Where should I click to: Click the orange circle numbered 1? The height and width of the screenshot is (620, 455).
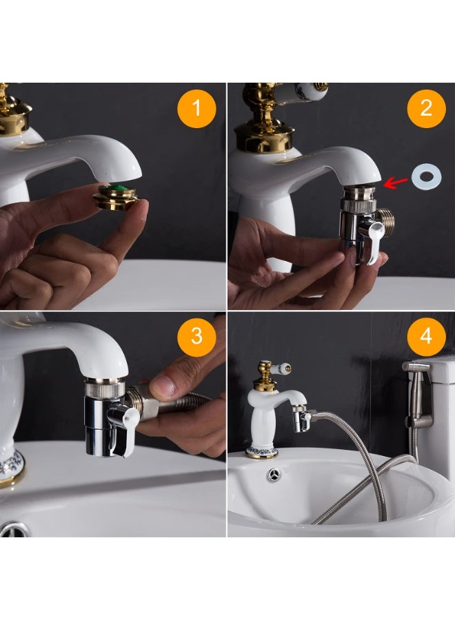pyautogui.click(x=196, y=108)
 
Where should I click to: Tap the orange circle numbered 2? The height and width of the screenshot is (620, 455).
pyautogui.click(x=425, y=108)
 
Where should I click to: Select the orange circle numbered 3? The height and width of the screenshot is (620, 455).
pyautogui.click(x=196, y=335)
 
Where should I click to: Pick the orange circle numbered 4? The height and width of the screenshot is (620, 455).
pyautogui.click(x=425, y=335)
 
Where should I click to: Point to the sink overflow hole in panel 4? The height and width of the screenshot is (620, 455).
pyautogui.click(x=274, y=474)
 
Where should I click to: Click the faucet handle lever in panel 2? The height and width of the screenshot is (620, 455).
pyautogui.click(x=303, y=91)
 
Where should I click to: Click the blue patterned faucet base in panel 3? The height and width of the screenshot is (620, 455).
pyautogui.click(x=10, y=466)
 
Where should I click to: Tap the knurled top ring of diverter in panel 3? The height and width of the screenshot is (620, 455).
pyautogui.click(x=104, y=389)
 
